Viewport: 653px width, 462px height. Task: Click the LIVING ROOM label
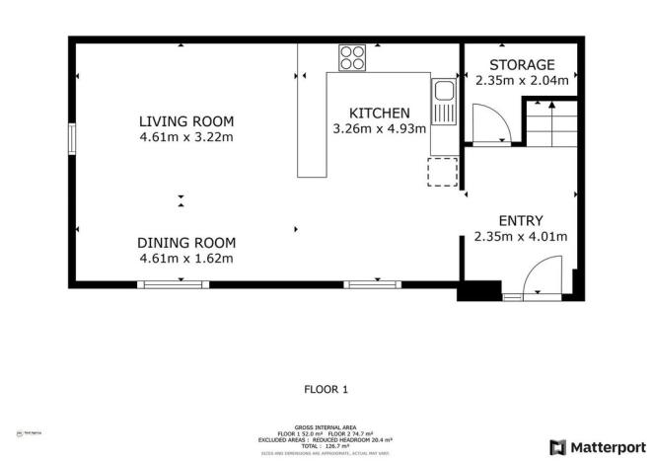(x=186, y=121)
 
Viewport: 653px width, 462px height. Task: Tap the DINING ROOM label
(x=186, y=243)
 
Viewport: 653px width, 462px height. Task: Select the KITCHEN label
(x=380, y=113)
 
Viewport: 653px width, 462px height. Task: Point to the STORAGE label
(x=522, y=64)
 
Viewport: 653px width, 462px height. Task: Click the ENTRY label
(x=521, y=220)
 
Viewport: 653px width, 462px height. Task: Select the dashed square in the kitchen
(x=442, y=172)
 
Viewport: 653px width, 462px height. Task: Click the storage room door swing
(x=490, y=123)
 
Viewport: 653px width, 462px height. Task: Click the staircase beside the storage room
(x=547, y=122)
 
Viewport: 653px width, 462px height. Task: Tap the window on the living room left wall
(x=71, y=138)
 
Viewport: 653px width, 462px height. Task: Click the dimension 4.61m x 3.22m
(x=186, y=137)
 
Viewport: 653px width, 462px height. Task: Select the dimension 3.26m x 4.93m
(x=380, y=128)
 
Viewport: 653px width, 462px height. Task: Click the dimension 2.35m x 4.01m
(x=521, y=236)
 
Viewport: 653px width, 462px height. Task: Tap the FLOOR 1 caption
(x=326, y=389)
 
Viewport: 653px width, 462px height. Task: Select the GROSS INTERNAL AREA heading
(x=326, y=426)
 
